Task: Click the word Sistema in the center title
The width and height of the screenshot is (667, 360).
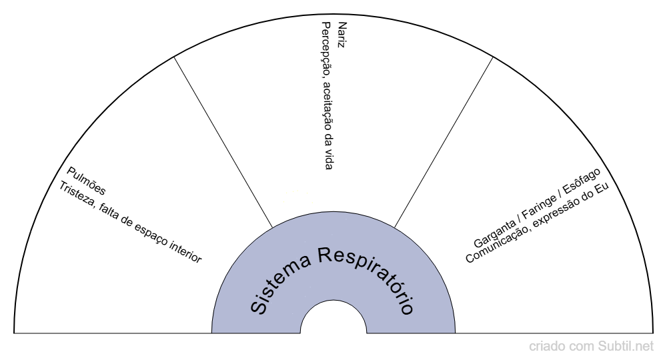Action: (x=277, y=283)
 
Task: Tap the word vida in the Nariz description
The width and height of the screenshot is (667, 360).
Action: (x=327, y=159)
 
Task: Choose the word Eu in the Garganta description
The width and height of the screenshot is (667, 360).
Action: (x=605, y=182)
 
